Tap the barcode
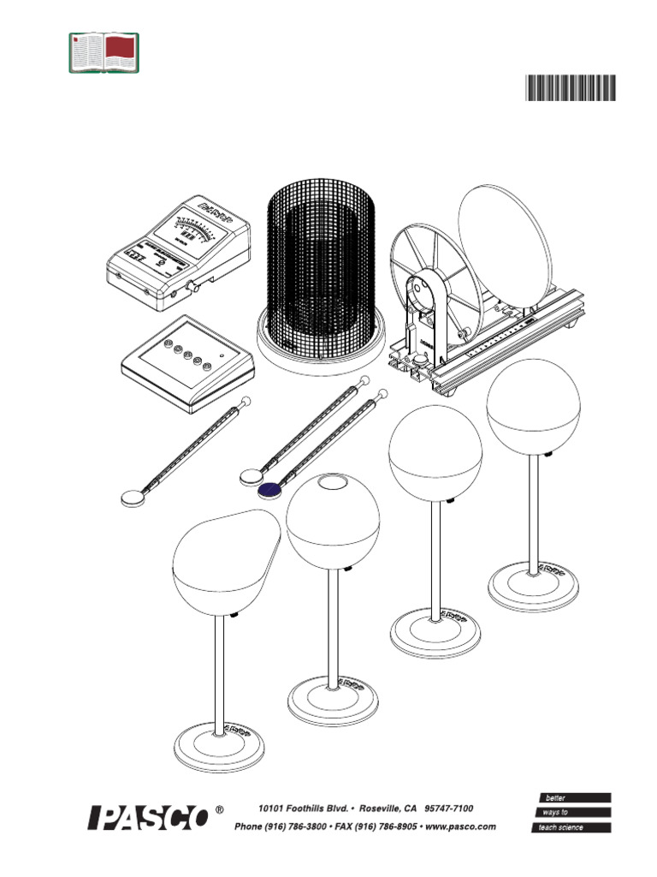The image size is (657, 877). (x=570, y=88)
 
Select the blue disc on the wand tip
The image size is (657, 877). (x=271, y=489)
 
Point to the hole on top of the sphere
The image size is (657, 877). (x=330, y=483)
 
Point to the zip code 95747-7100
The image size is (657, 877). (x=448, y=808)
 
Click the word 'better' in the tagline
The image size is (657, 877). (x=555, y=797)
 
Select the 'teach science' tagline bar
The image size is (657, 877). (x=571, y=827)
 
